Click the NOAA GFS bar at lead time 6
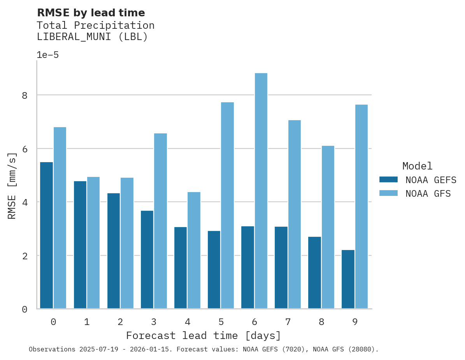tap(261, 191)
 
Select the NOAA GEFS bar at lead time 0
tap(46, 235)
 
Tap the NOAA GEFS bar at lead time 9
tap(348, 279)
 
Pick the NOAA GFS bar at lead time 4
tap(194, 250)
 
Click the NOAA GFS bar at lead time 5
tap(227, 205)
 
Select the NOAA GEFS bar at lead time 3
tap(147, 260)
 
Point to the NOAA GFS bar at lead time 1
tap(93, 243)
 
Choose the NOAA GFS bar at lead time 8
tap(328, 227)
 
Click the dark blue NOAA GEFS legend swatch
tap(388, 180)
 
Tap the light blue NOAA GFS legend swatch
tap(388, 193)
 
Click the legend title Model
tap(417, 166)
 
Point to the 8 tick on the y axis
tap(25, 95)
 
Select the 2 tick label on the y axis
tap(25, 256)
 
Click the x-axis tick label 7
tap(288, 322)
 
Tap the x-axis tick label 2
tap(120, 322)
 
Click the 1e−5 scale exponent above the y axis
tap(47, 55)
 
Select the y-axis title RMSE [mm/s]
tap(12, 186)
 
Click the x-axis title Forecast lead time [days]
tap(204, 336)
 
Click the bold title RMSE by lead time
tap(91, 13)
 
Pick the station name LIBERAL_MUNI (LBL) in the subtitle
tap(92, 37)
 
